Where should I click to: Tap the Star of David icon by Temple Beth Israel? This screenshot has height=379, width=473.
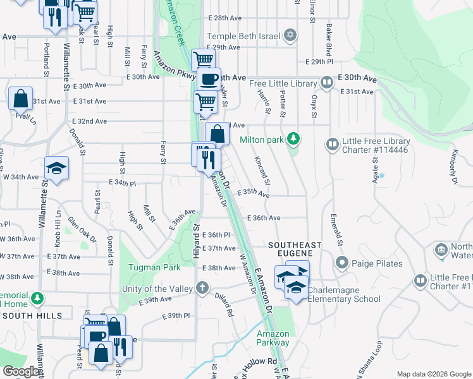(x=290, y=35)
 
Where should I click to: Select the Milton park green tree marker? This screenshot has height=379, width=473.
(x=293, y=138)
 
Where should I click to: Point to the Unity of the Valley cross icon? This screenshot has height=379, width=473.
(x=202, y=289)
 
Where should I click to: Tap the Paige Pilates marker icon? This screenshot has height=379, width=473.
(x=342, y=262)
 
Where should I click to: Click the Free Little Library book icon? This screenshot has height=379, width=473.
(x=327, y=83)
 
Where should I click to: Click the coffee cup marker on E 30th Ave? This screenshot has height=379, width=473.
(x=209, y=80)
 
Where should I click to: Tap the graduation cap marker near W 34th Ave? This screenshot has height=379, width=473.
(x=57, y=169)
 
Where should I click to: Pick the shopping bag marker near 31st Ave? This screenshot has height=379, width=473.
(x=21, y=99)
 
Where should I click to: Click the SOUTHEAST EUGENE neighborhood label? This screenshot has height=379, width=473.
(x=295, y=249)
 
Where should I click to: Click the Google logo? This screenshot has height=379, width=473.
(x=21, y=371)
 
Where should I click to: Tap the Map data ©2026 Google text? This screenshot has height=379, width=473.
(x=433, y=374)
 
